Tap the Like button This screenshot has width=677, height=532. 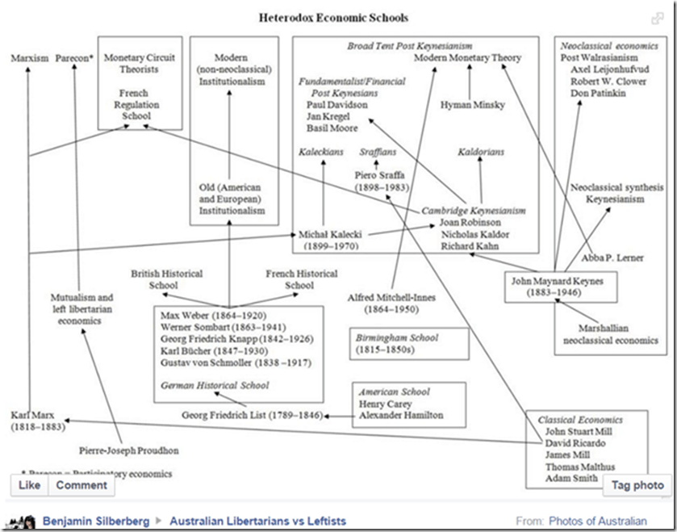(x=29, y=484)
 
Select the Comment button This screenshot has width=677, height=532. (x=81, y=484)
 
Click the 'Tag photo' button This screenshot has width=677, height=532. (x=637, y=484)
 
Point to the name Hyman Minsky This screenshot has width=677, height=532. (x=472, y=105)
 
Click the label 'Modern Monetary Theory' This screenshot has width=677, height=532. (x=468, y=58)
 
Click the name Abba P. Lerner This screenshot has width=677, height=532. (x=617, y=258)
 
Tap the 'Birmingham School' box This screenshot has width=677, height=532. (x=409, y=344)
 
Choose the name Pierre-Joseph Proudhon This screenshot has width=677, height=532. (x=129, y=450)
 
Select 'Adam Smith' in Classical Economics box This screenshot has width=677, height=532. (x=572, y=479)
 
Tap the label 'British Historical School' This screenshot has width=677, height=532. (x=167, y=279)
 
